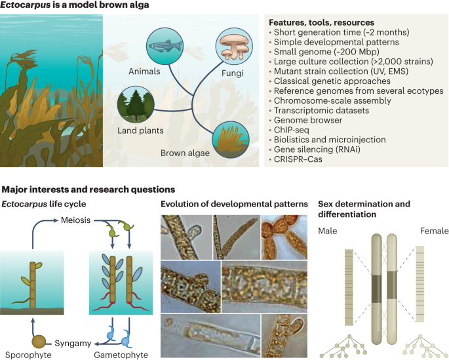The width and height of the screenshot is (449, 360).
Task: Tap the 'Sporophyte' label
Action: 24,355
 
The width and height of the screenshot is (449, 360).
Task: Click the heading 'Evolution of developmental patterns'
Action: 234,205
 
